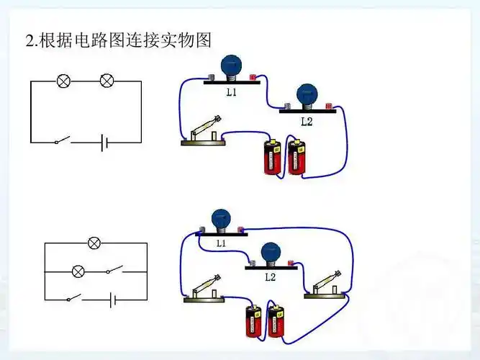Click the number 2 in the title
[x=30, y=41]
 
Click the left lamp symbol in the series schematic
[x=64, y=81]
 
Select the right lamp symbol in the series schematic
[x=107, y=81]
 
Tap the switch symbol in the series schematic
[x=63, y=140]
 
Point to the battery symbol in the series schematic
[x=105, y=142]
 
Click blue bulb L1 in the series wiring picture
[x=231, y=66]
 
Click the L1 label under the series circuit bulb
[x=231, y=93]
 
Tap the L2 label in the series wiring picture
[x=307, y=122]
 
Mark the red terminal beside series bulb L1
[x=253, y=76]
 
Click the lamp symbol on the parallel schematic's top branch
[x=94, y=243]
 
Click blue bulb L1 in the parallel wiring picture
[x=220, y=218]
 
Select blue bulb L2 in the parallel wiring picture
[x=270, y=253]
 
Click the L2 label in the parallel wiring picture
[x=270, y=276]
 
